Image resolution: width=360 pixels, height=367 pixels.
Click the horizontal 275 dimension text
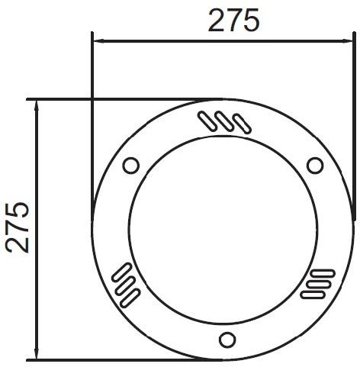point(234,21)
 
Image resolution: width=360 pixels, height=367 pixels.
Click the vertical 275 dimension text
point(18,227)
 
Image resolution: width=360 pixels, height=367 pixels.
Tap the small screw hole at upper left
point(131,165)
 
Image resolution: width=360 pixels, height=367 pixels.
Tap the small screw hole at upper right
point(315,165)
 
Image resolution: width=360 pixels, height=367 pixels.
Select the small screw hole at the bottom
point(227,340)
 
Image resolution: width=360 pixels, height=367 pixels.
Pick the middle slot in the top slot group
point(224,121)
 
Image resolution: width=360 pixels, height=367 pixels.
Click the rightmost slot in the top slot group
point(243,124)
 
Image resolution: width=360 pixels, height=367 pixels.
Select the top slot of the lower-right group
point(322,273)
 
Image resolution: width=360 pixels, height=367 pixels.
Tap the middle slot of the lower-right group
point(319,284)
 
